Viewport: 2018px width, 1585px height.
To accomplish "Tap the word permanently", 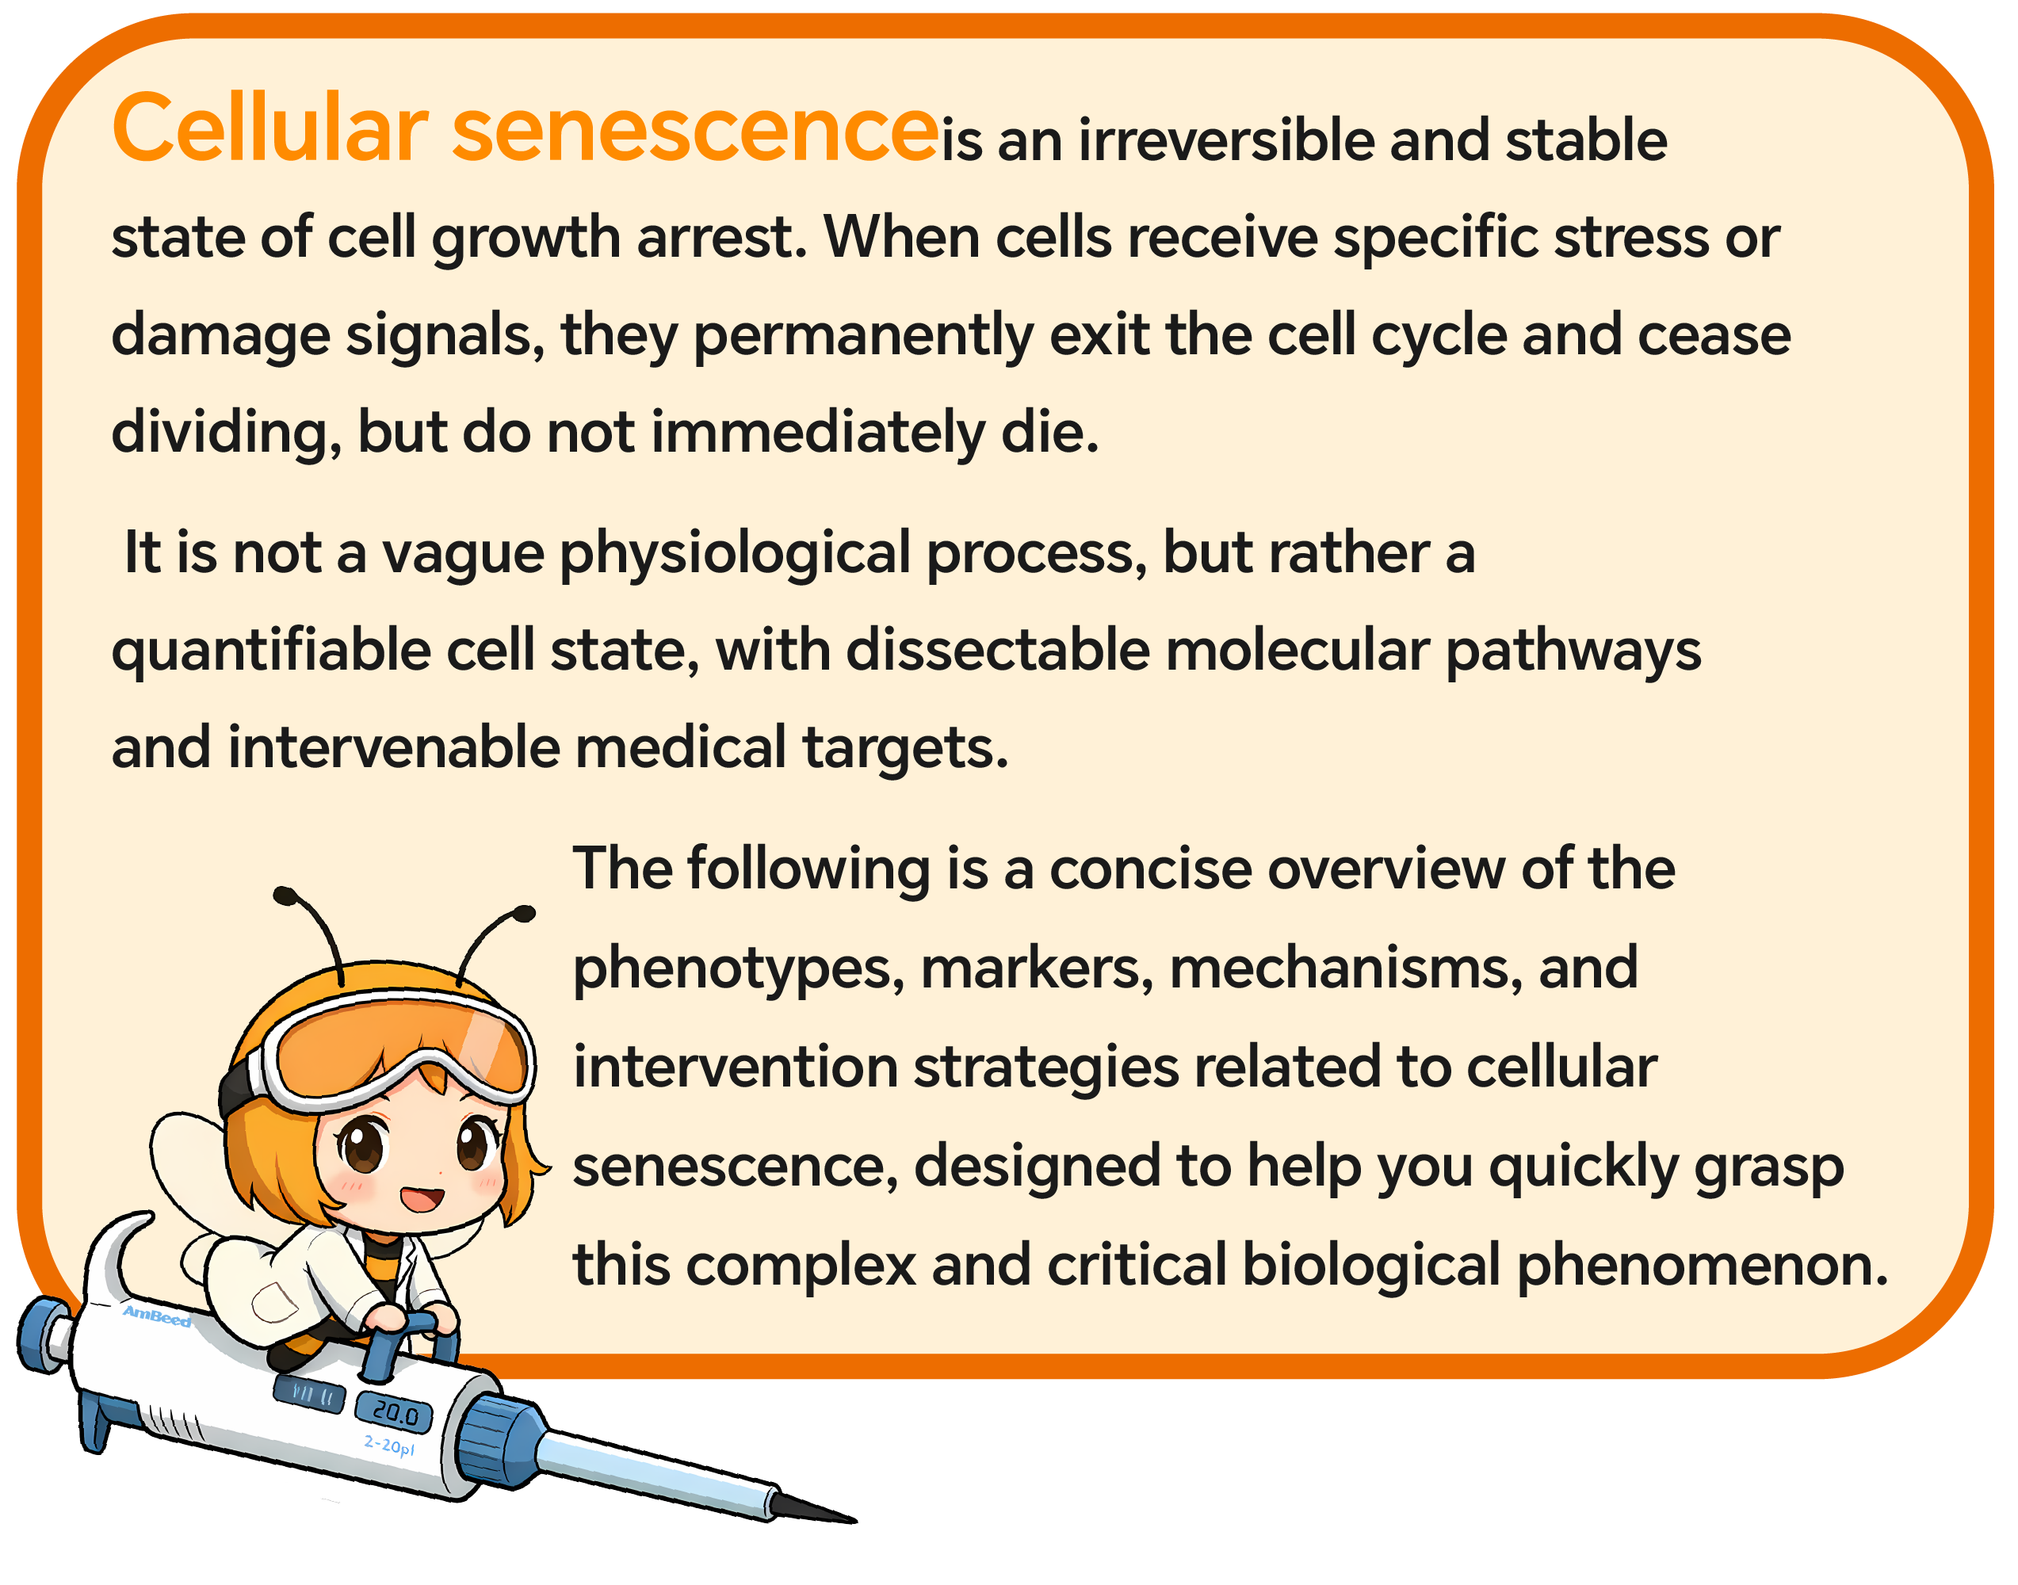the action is (x=863, y=337).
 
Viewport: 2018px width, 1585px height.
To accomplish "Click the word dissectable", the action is (x=998, y=650).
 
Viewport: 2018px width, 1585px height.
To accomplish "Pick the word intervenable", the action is (x=394, y=748).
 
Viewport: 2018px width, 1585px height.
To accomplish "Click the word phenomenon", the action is (x=1703, y=1266).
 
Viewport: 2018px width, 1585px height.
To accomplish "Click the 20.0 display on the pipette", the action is (x=396, y=1413).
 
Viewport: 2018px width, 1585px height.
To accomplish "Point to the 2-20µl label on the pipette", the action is (x=389, y=1446).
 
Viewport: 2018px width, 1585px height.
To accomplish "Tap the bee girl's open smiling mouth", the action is (x=422, y=1198).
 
